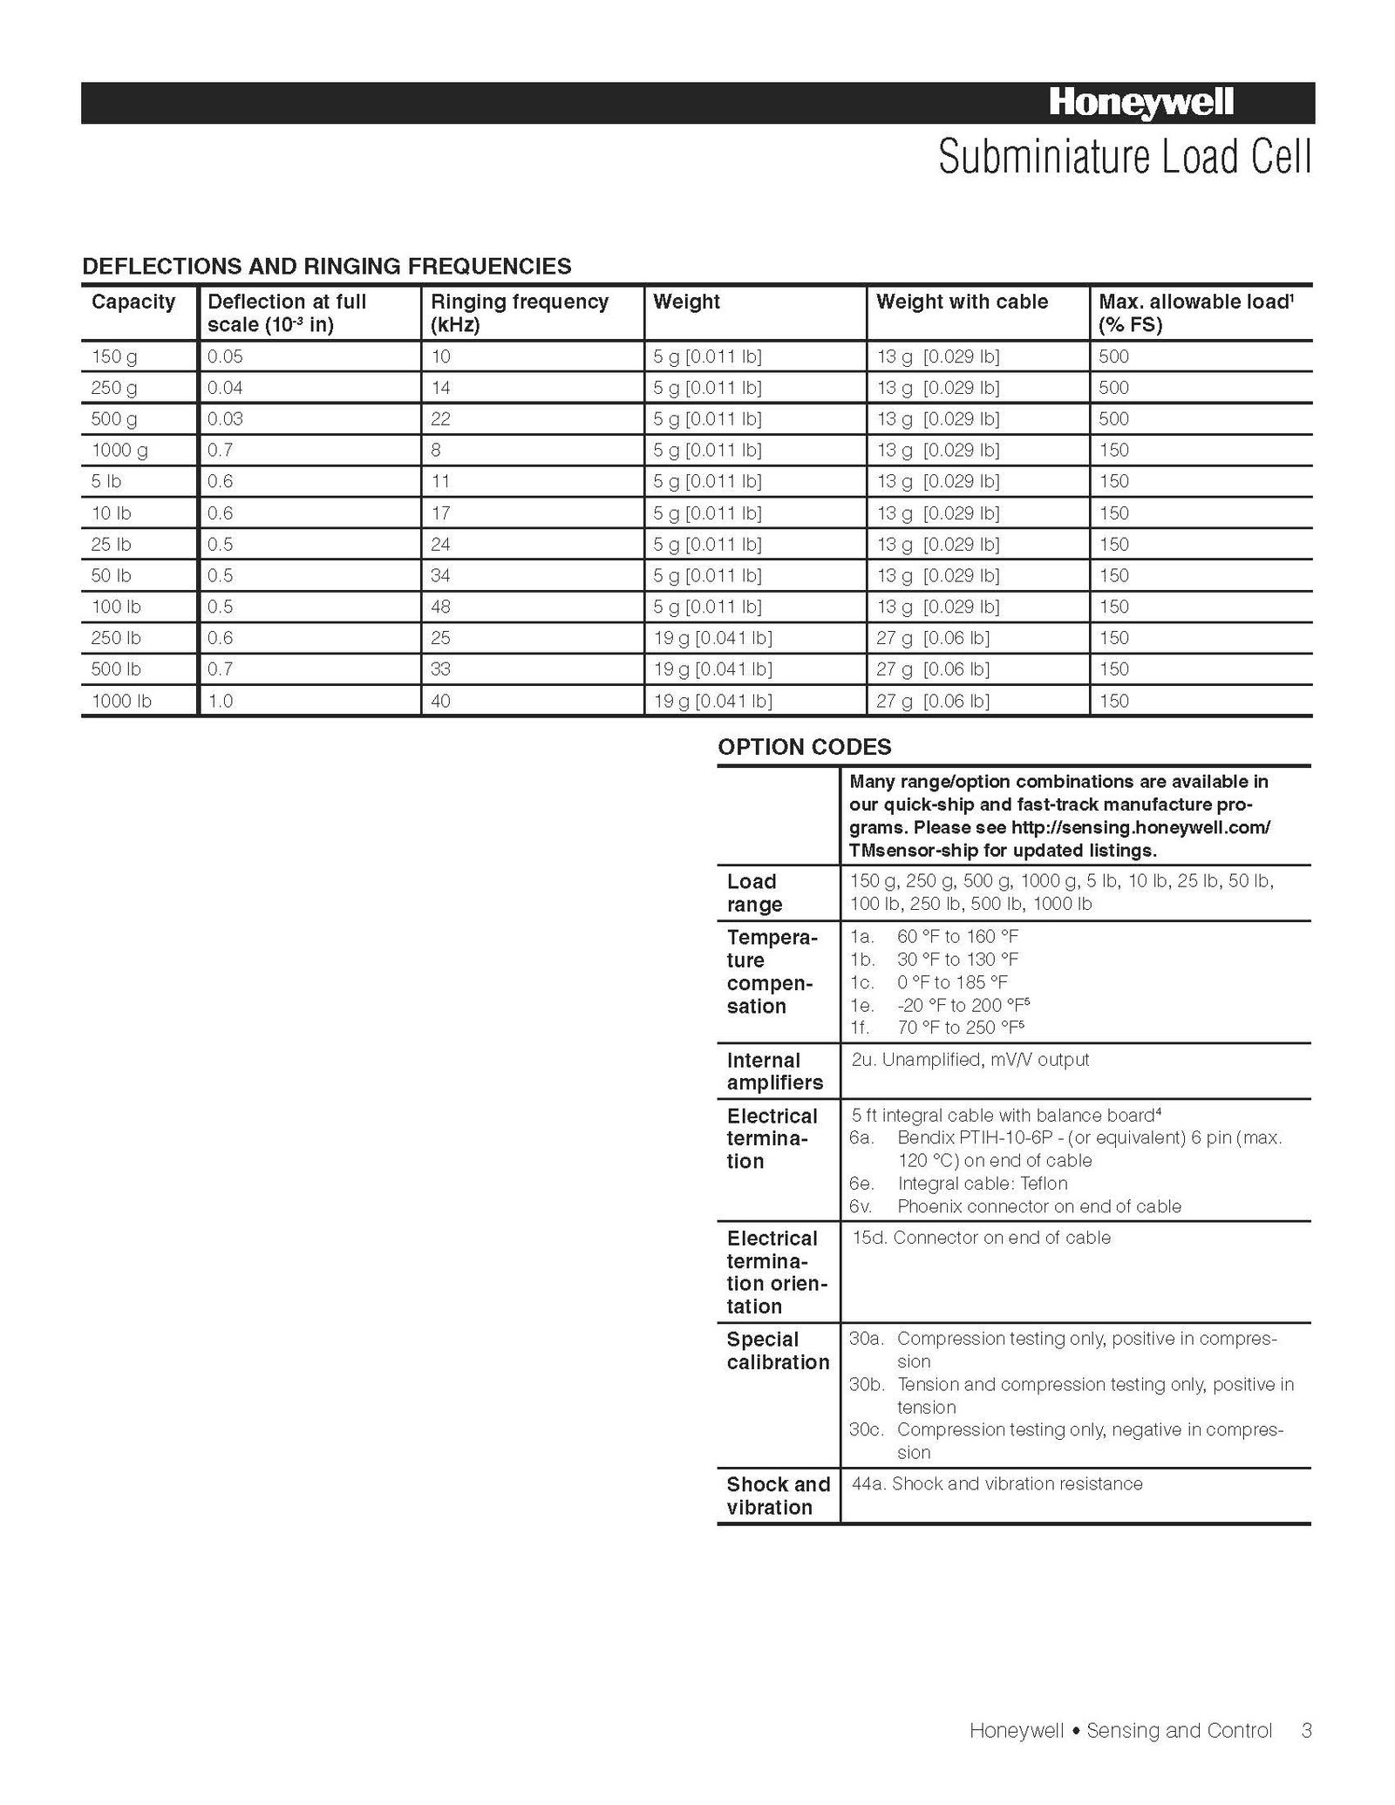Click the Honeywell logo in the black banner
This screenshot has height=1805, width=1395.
point(1140,104)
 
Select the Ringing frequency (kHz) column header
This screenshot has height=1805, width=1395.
point(519,313)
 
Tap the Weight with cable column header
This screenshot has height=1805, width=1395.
point(962,302)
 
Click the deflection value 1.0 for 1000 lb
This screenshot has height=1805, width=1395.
point(221,701)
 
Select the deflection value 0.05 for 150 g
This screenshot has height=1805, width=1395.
point(225,356)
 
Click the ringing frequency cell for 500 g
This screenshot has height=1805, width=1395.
point(440,418)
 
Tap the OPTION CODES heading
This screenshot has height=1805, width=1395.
point(804,747)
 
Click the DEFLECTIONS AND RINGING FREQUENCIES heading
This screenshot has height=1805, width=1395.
point(327,266)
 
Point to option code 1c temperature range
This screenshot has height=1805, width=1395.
point(929,982)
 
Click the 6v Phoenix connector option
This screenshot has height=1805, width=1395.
point(1015,1206)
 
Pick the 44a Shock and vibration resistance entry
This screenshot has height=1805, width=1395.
point(997,1483)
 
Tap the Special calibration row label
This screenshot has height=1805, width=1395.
point(778,1351)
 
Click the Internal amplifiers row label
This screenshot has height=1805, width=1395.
point(774,1071)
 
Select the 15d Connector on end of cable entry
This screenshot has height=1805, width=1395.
point(981,1238)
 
